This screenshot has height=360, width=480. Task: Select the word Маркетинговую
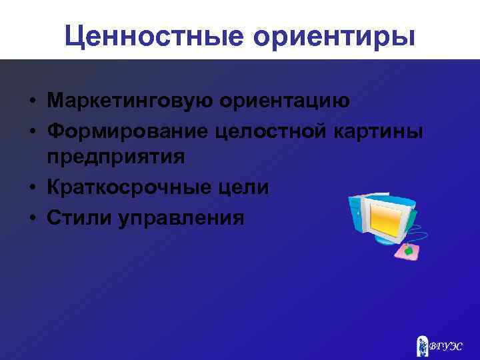pyautogui.click(x=133, y=101)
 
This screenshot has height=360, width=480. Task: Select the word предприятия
pyautogui.click(x=115, y=159)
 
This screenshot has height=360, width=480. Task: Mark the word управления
pyautogui.click(x=181, y=217)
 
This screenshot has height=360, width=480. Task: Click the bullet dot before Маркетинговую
pyautogui.click(x=31, y=102)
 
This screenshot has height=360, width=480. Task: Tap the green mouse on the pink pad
pyautogui.click(x=408, y=251)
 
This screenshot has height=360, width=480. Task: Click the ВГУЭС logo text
pyautogui.click(x=445, y=347)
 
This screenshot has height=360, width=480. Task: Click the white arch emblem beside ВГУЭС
pyautogui.click(x=421, y=346)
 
